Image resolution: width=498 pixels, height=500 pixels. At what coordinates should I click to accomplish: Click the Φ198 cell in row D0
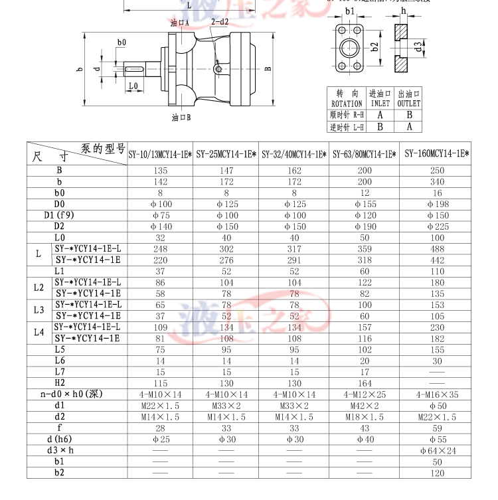(x=436, y=204)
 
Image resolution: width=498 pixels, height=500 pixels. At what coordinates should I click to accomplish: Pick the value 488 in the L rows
(x=436, y=248)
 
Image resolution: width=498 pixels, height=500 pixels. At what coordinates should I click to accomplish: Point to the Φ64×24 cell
(x=436, y=450)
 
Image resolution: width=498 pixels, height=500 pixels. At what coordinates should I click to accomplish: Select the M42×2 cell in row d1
(x=365, y=405)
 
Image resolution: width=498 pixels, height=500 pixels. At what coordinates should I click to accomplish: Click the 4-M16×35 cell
(x=436, y=394)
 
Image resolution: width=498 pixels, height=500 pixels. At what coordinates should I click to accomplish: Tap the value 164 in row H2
(x=365, y=383)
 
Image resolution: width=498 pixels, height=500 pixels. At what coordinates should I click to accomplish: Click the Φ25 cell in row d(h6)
(x=160, y=439)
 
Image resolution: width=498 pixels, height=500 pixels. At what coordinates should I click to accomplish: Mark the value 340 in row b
(x=436, y=181)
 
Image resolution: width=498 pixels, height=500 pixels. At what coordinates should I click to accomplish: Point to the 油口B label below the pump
(x=181, y=117)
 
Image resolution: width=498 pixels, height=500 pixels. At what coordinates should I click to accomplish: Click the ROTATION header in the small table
(x=347, y=104)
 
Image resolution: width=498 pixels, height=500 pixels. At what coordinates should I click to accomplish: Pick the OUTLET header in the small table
(x=409, y=104)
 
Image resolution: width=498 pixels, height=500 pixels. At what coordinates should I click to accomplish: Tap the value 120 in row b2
(x=436, y=473)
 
